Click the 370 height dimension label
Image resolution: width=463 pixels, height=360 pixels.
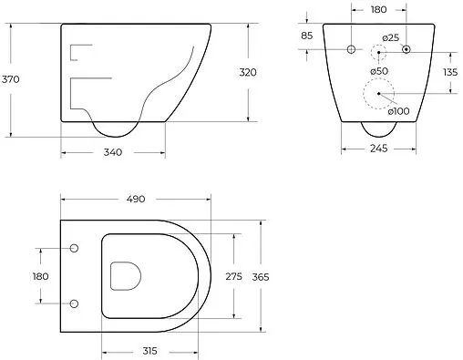click(x=11, y=79)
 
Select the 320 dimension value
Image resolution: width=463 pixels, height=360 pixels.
click(x=248, y=72)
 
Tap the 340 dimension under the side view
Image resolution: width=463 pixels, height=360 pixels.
click(x=113, y=152)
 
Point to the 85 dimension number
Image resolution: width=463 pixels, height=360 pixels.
click(x=307, y=36)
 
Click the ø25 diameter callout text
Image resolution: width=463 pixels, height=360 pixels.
click(x=391, y=38)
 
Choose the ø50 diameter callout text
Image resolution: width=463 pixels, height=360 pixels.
click(x=379, y=71)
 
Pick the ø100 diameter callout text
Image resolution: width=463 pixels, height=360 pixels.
click(x=398, y=111)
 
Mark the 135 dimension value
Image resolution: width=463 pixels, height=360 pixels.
click(x=450, y=72)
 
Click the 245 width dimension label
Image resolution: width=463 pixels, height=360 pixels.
click(x=379, y=149)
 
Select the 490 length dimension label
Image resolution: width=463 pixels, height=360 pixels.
click(x=136, y=199)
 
